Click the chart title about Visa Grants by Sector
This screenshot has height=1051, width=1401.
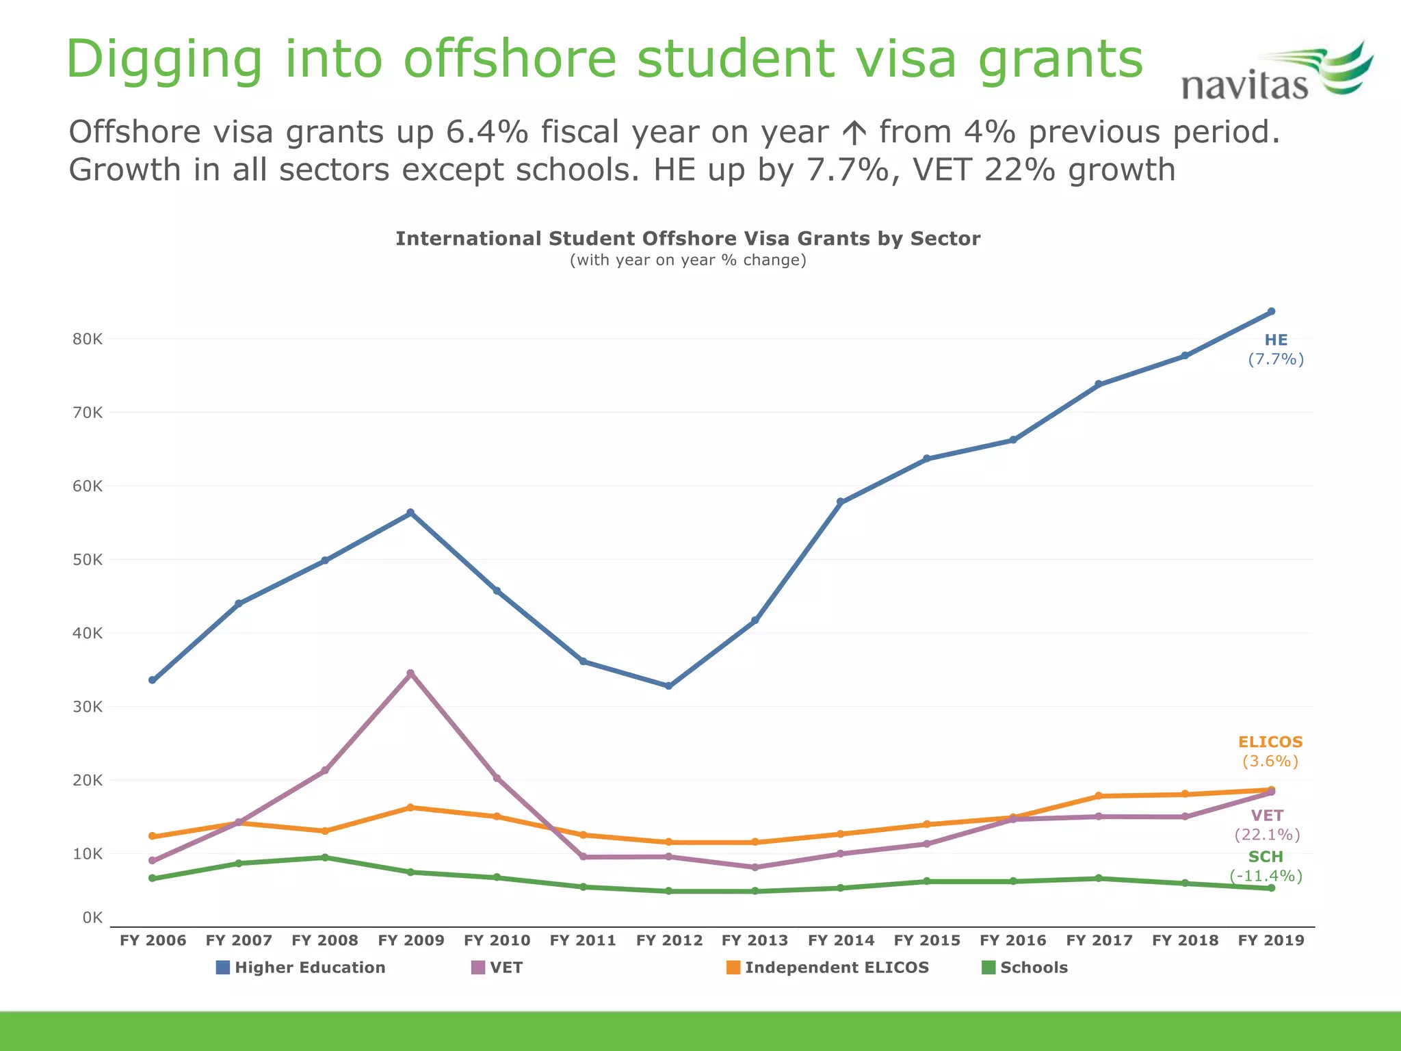(x=688, y=239)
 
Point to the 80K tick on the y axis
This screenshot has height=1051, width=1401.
(x=88, y=339)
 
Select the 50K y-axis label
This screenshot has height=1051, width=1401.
(x=88, y=560)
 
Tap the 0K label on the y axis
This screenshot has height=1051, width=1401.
(x=92, y=918)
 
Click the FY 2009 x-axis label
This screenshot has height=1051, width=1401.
(x=411, y=940)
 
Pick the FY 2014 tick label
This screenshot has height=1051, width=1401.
(x=841, y=940)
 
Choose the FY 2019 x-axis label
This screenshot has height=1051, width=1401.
(x=1271, y=940)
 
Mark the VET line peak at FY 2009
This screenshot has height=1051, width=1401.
(x=410, y=673)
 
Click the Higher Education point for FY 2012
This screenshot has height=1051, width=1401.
(x=668, y=686)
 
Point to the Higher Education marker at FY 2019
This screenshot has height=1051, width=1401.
(x=1271, y=311)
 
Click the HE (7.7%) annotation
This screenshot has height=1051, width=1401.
(x=1276, y=350)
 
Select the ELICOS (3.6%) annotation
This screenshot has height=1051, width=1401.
(x=1270, y=751)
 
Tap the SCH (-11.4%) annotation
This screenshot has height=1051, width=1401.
(x=1266, y=866)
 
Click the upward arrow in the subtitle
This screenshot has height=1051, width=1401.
(x=854, y=133)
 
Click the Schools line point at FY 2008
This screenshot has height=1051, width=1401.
(x=325, y=857)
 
